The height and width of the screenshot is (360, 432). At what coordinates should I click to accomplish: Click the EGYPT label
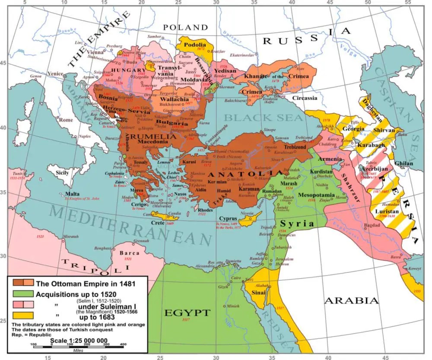point(187,312)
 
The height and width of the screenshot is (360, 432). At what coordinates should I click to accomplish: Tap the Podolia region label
point(194,45)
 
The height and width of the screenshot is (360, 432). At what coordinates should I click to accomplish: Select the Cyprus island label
point(228,218)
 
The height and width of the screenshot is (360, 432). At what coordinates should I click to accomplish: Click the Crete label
point(157,223)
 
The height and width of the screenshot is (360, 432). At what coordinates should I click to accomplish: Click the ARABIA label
point(351,300)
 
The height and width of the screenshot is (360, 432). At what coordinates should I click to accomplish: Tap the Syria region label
point(297,223)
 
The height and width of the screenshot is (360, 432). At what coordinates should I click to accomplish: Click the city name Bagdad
point(359,226)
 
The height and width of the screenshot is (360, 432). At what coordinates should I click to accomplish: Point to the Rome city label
point(66,120)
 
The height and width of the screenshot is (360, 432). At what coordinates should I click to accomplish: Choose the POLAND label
point(185,28)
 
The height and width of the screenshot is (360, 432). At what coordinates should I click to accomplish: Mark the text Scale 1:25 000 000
point(79,340)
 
